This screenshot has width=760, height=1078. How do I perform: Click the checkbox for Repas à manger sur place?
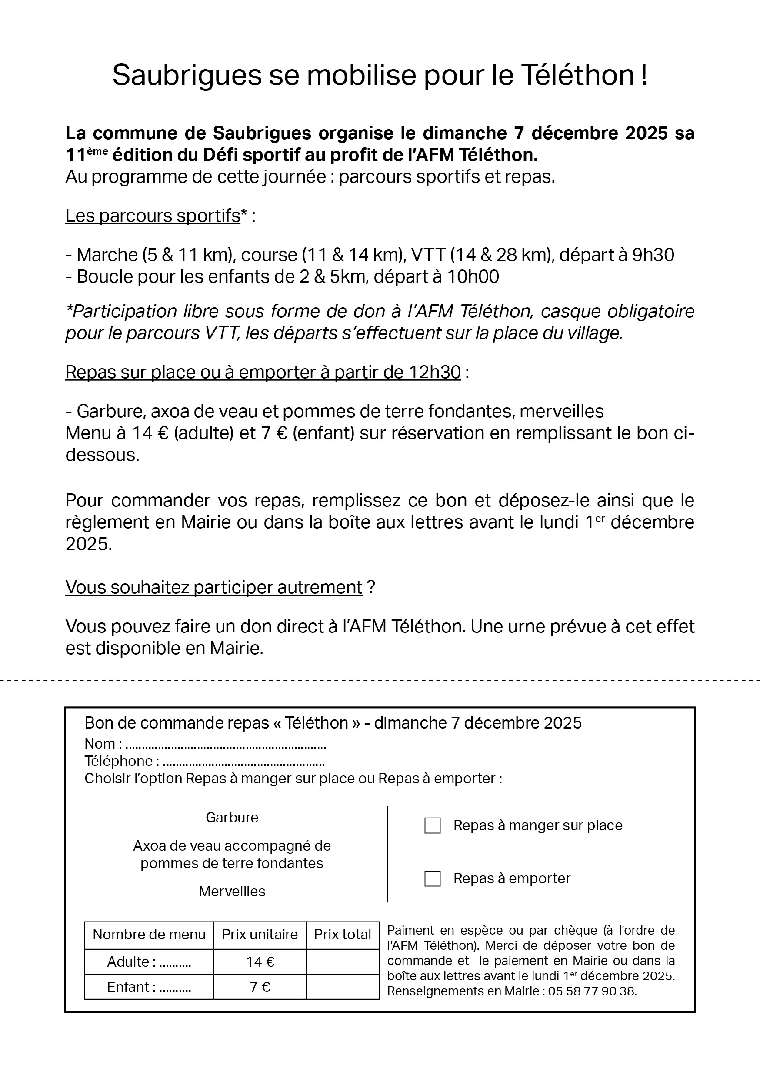(x=432, y=825)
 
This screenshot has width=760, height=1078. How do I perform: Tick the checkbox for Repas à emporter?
(x=432, y=878)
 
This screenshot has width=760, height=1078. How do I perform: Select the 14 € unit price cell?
(x=260, y=962)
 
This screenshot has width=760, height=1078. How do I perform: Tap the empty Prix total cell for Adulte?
(x=343, y=962)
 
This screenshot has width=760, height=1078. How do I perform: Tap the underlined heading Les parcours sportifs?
(x=153, y=216)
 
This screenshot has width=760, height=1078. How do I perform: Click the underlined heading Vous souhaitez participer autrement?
(x=214, y=587)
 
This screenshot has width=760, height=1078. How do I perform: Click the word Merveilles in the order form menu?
(x=232, y=891)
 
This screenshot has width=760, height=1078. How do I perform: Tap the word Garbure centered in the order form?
(x=232, y=818)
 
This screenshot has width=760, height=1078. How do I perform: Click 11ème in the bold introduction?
(x=87, y=154)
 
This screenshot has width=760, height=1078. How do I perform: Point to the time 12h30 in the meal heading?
(x=435, y=373)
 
